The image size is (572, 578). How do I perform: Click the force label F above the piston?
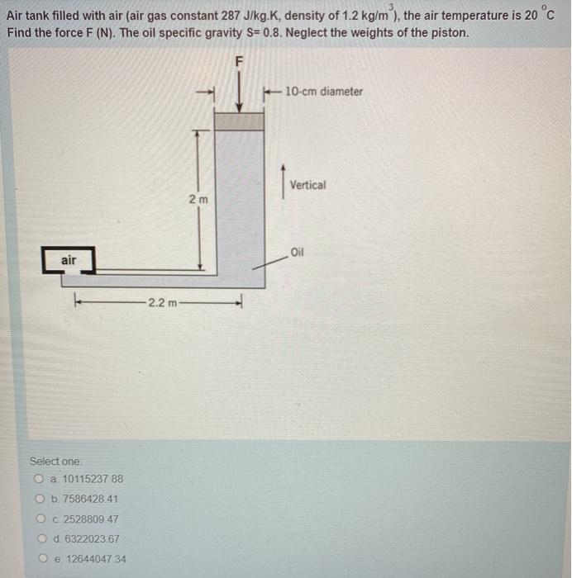tap(240, 61)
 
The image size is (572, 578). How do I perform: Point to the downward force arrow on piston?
tap(240, 92)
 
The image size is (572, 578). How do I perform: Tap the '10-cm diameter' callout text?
tap(323, 92)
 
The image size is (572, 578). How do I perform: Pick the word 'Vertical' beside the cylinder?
tap(307, 185)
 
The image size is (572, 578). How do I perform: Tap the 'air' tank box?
tap(69, 261)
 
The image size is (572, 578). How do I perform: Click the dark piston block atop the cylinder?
tap(239, 121)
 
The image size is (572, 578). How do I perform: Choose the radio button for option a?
tap(39, 479)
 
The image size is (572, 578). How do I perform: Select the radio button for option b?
tap(39, 499)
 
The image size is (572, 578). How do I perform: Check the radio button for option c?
tap(39, 519)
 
